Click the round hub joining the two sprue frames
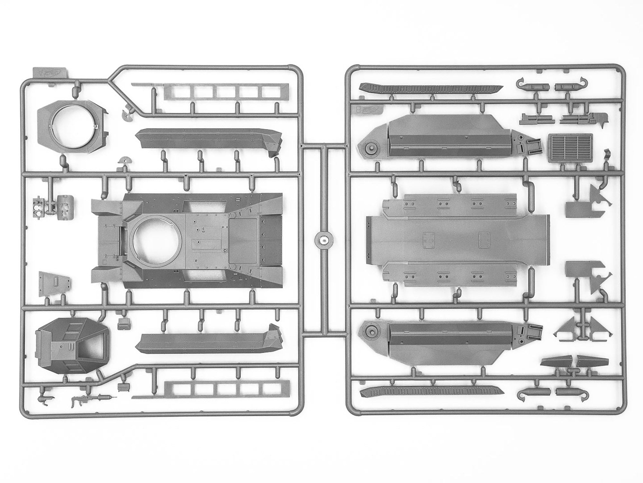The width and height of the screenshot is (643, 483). [x=324, y=239]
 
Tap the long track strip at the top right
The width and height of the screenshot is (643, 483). [x=431, y=88]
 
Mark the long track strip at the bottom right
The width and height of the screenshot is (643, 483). [x=431, y=390]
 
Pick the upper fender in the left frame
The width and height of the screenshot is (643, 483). [x=209, y=140]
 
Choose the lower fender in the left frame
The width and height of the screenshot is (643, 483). [x=209, y=342]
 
